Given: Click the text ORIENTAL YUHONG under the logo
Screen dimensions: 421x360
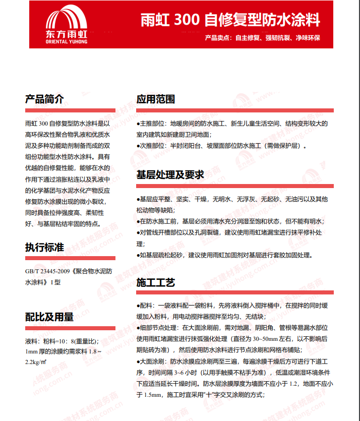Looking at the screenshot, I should tap(66, 42).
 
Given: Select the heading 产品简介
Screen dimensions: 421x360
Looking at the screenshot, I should tap(44, 99).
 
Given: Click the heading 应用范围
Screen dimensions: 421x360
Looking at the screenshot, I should tap(155, 99).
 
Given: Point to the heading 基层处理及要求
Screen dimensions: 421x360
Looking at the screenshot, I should tap(170, 175).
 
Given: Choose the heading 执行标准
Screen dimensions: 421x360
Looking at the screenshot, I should tap(44, 248).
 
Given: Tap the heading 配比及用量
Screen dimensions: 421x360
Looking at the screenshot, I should tap(49, 317).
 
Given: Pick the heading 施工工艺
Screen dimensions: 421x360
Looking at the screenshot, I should tap(155, 282).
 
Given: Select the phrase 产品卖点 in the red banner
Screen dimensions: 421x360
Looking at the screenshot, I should tap(218, 38).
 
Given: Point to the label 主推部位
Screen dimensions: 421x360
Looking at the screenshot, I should tap(153, 123).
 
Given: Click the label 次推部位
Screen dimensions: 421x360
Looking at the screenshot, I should tap(153, 146).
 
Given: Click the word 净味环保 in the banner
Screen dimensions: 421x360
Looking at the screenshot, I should tap(307, 38).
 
